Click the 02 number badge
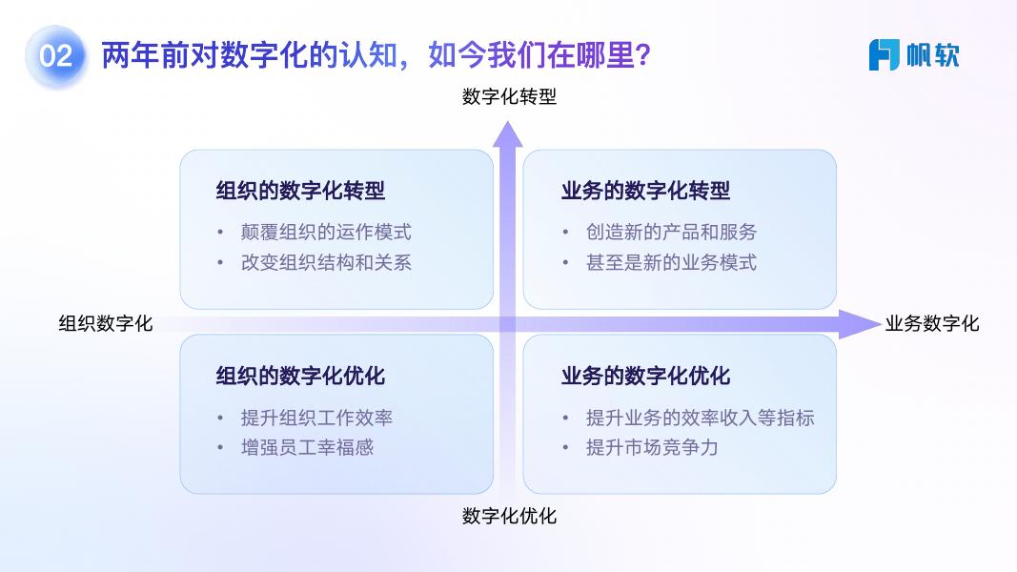point(56,56)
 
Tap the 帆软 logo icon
point(885,54)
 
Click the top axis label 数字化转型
point(509,96)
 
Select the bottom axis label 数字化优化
point(509,516)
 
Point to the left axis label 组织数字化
point(106,323)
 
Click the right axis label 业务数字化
point(932,323)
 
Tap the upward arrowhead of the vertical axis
point(508,134)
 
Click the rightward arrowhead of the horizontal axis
point(860,323)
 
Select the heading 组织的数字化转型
point(300,191)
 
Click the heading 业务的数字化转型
point(646,191)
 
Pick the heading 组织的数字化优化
point(300,376)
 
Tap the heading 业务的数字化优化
point(646,376)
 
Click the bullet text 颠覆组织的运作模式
point(326,232)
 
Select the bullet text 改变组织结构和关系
point(326,262)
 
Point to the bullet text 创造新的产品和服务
point(671,232)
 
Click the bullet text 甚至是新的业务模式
point(671,262)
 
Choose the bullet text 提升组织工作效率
point(316,418)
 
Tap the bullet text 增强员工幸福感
point(307,447)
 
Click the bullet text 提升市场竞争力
point(652,447)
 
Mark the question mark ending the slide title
point(643,55)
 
